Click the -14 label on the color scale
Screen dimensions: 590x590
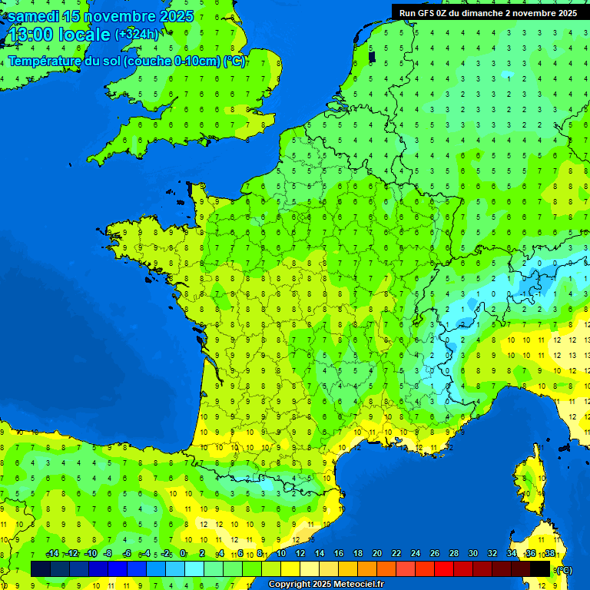[x=52, y=554]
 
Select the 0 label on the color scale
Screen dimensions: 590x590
[x=183, y=554]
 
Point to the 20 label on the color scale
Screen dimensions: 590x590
[x=376, y=554]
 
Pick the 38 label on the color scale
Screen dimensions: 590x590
[x=549, y=554]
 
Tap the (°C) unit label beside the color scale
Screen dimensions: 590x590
[x=564, y=569]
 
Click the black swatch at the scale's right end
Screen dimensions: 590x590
[x=540, y=568]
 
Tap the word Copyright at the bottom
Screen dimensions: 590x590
[x=290, y=584]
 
